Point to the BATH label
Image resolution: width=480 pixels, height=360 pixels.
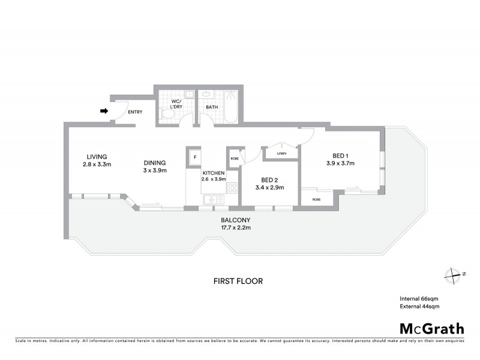pos(212,107)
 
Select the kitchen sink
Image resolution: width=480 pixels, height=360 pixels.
pos(211,200)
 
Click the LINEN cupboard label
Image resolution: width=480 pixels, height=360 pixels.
pos(282,154)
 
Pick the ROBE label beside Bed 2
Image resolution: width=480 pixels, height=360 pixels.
pos(233,158)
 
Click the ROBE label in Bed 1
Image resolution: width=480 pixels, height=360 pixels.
pos(316,199)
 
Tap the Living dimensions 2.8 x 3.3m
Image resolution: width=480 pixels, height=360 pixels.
pos(97,164)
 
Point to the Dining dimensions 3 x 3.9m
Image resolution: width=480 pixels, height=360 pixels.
pos(154,170)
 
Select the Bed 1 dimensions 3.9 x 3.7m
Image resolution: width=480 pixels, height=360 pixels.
pos(340,163)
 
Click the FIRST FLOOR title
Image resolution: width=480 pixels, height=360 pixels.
pos(238,281)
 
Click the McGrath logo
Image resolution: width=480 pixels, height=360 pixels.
pos(431,328)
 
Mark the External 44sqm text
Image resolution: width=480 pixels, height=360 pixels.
pos(420,307)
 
